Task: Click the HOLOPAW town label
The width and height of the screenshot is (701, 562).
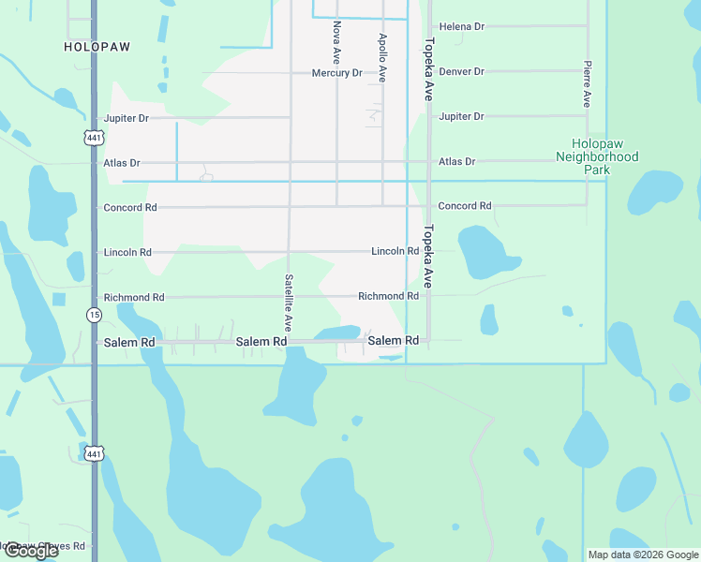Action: tap(97, 46)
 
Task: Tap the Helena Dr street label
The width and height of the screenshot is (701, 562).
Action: tap(462, 27)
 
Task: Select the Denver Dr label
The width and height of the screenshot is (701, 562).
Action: tap(462, 71)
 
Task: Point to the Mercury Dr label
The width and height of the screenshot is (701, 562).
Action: tap(337, 73)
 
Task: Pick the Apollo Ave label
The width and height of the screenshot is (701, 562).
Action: tap(382, 58)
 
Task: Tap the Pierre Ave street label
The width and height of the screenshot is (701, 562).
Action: tap(587, 84)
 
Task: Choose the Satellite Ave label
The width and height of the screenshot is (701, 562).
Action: tap(290, 303)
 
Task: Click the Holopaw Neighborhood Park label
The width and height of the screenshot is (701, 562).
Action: tap(597, 157)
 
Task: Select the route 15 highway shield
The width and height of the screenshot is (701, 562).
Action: tap(94, 315)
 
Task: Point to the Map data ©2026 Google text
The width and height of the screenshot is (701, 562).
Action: tap(642, 555)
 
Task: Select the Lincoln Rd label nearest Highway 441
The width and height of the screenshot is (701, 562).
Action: tap(127, 253)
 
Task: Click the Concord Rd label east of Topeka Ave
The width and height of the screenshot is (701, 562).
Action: tap(465, 206)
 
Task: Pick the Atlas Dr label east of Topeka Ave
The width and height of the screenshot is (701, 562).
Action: tap(457, 162)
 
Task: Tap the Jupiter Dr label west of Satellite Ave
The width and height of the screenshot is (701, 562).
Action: tap(127, 119)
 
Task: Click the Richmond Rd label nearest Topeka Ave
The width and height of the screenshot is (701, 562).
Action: tap(388, 296)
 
